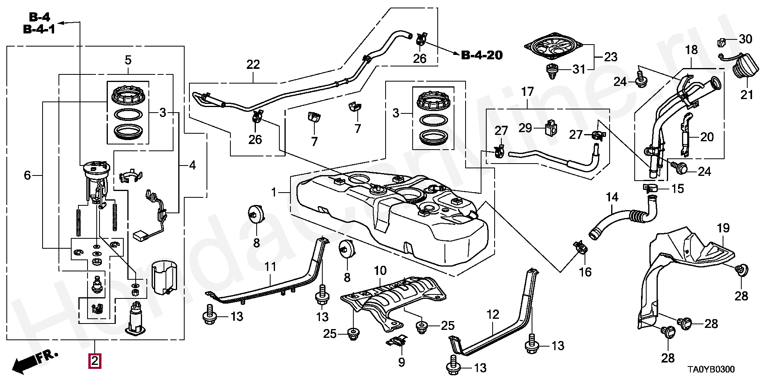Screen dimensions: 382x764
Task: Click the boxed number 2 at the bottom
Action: tap(95, 361)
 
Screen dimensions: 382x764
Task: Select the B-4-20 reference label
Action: tap(481, 55)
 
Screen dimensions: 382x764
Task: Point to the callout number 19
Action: tap(723, 228)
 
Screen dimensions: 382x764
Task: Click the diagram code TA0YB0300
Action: tap(711, 369)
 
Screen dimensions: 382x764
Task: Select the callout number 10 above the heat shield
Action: tap(380, 271)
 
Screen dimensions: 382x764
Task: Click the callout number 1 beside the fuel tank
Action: tap(274, 193)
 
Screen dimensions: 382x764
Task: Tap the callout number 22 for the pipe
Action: tap(253, 64)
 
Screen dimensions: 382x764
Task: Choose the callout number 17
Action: tap(527, 92)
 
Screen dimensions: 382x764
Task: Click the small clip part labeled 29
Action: tap(551, 128)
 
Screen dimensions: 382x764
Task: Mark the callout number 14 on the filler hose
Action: tap(612, 197)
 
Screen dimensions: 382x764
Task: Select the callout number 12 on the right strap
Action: tap(493, 314)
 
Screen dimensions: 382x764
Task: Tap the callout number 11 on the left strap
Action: tap(270, 266)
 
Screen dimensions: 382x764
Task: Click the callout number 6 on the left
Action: tap(27, 175)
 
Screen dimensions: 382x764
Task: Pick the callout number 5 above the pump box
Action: tap(128, 60)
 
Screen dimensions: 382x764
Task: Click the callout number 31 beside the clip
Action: tap(579, 69)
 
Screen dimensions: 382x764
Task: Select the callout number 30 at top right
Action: tap(745, 39)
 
